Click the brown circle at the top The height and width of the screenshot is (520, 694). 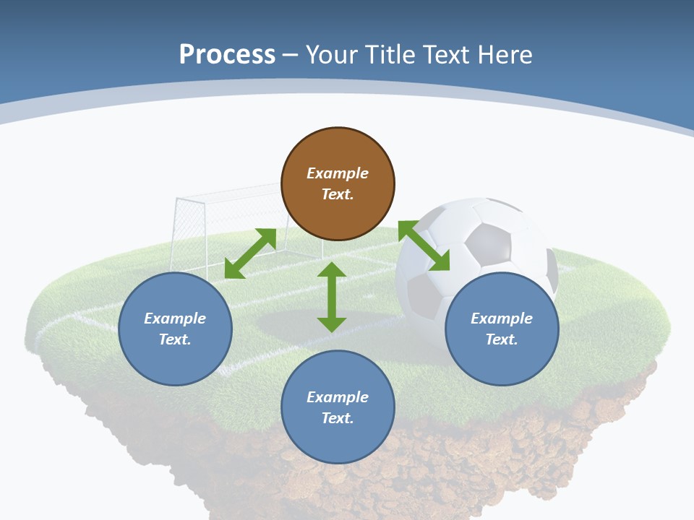338,184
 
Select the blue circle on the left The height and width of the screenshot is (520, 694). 175,329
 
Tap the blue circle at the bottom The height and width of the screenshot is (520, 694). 338,407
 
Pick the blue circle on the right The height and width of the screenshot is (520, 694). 502,329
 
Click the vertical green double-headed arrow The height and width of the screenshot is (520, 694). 332,297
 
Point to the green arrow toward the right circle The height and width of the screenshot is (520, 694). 424,246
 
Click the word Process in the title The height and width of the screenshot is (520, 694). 227,54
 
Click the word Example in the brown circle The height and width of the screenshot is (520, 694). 338,173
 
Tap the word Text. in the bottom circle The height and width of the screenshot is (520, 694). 338,418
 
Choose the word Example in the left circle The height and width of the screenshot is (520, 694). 175,318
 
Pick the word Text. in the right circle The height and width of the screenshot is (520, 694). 502,339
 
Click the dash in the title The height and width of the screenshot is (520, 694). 291,55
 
